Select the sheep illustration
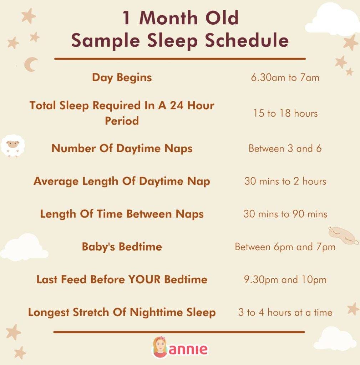pos(13,145)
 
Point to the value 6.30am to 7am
pos(285,78)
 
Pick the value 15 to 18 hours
pos(285,113)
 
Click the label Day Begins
pos(122,77)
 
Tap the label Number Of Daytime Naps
pos(122,148)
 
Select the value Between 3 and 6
pos(285,148)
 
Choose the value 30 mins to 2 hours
pos(285,181)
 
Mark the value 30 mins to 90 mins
pos(285,214)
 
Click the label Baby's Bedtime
pos(122,247)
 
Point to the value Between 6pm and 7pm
pos(285,247)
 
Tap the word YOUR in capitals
pos(144,279)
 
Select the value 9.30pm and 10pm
pos(285,280)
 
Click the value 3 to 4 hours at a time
pos(285,313)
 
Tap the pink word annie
pos(188,349)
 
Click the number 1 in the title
pos(126,18)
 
